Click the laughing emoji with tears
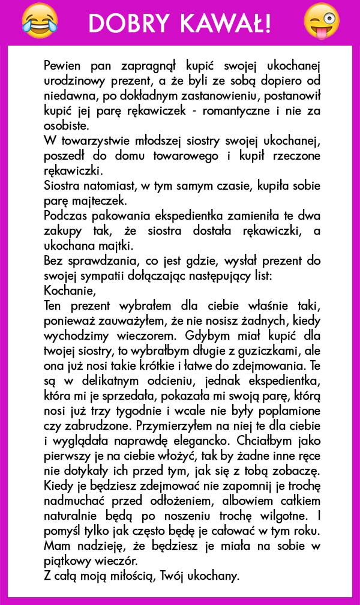[38, 19]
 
